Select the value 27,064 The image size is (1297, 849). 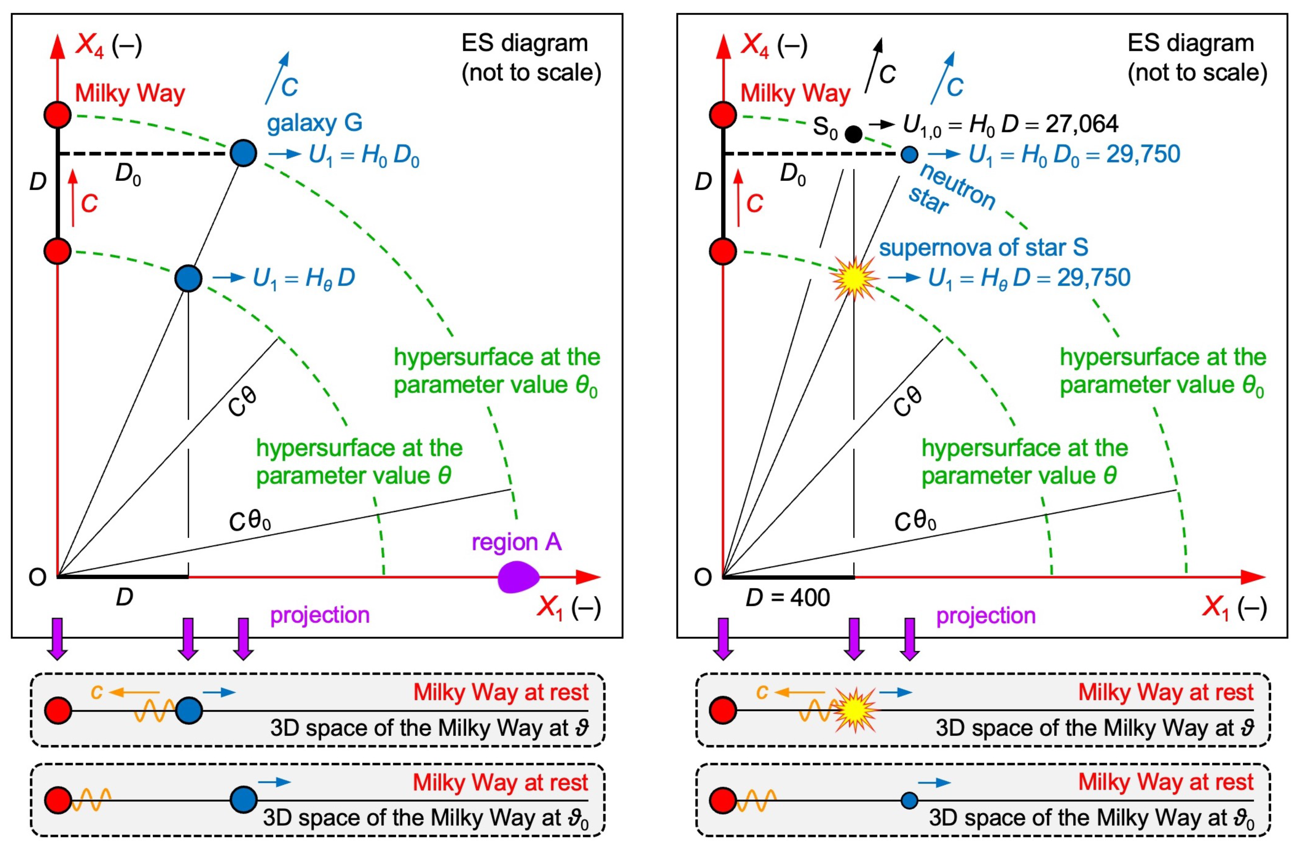(x=1082, y=124)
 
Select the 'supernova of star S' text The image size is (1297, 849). (x=984, y=247)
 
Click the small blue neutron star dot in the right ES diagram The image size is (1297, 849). (x=908, y=154)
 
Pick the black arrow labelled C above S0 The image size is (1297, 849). (x=874, y=65)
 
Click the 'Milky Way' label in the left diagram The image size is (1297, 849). (x=130, y=93)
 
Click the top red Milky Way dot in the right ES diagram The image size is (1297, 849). (x=723, y=115)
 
